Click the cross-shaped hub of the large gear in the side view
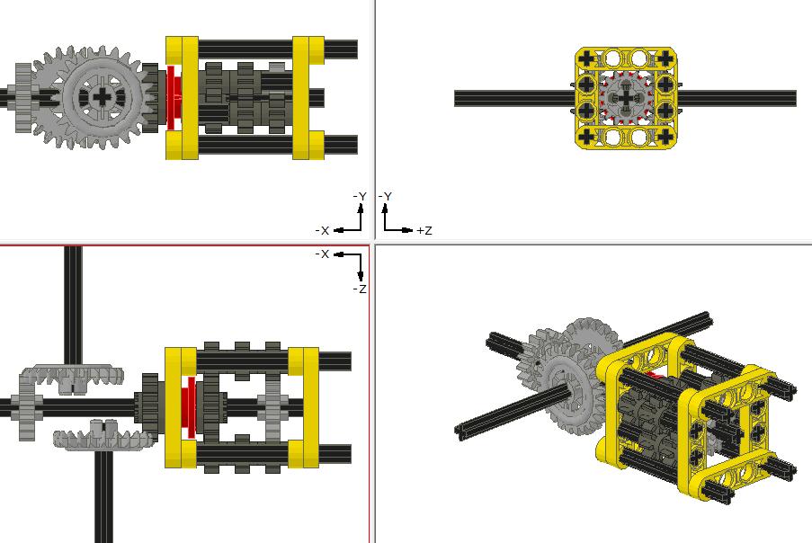tap(103, 96)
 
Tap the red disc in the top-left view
tap(173, 98)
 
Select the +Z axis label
tap(424, 230)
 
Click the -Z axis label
tap(360, 289)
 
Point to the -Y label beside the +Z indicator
tap(385, 196)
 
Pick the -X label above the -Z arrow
tap(322, 254)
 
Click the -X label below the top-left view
tap(322, 230)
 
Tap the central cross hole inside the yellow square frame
tap(627, 98)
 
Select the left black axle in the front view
tap(514, 98)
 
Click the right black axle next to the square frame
tap(736, 98)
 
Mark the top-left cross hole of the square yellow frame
tap(586, 58)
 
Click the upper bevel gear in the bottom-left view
tap(71, 378)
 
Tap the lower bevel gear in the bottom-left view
tap(103, 435)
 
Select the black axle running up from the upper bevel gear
tap(73, 306)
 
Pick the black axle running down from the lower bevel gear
tap(103, 496)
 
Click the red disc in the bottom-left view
tap(189, 407)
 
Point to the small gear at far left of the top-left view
tap(23, 98)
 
